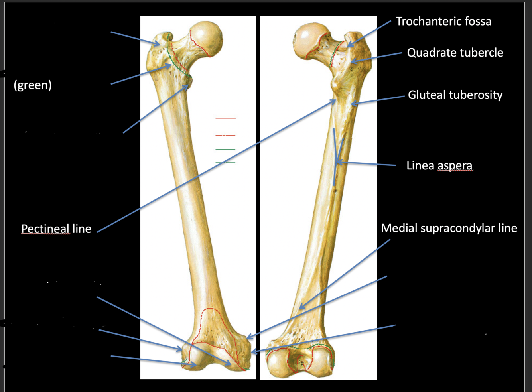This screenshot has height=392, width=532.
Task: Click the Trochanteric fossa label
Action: click(x=443, y=22)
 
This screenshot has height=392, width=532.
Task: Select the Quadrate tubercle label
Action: click(x=455, y=53)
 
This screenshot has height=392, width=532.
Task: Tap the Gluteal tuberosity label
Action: click(x=455, y=95)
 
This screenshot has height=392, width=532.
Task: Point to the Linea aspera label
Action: click(x=439, y=165)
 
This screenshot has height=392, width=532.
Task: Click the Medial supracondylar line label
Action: click(x=449, y=229)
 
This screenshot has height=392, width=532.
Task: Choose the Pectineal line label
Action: click(x=56, y=229)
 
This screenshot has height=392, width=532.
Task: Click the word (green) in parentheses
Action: click(x=33, y=85)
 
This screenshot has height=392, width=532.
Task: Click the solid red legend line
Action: click(x=225, y=118)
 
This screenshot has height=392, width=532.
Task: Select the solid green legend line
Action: click(x=225, y=149)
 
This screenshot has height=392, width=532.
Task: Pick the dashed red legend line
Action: click(x=225, y=135)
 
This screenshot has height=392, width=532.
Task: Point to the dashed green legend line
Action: click(x=225, y=163)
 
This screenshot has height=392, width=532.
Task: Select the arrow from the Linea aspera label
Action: click(x=367, y=163)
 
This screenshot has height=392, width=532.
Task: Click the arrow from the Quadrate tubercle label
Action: click(x=377, y=57)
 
